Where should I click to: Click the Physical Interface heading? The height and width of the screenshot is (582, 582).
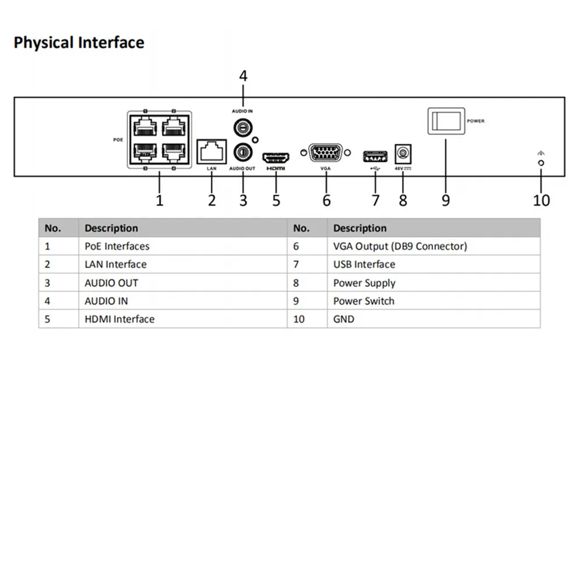[x=79, y=43]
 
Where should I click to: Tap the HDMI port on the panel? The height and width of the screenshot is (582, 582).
[x=276, y=157]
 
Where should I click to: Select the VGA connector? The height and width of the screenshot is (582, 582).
[x=325, y=153]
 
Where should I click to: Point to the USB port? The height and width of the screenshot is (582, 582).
[x=375, y=157]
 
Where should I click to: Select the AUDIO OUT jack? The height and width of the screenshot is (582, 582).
[x=242, y=151]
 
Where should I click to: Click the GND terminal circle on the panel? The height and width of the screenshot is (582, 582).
[x=541, y=164]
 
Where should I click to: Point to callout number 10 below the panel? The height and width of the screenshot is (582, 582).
[x=541, y=200]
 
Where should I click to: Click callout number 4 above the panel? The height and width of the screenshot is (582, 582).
[x=243, y=76]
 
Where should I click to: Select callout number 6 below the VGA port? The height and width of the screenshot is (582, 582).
[x=327, y=200]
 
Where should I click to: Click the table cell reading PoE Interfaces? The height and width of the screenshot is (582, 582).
[x=117, y=246]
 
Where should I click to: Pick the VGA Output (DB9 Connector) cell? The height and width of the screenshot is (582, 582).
[x=400, y=246]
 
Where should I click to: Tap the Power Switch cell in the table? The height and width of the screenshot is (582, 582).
[x=364, y=301]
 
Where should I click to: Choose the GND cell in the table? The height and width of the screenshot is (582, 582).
[x=343, y=319]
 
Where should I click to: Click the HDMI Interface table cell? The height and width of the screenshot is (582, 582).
[x=119, y=319]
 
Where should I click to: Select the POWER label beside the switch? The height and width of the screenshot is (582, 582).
[x=475, y=121]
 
